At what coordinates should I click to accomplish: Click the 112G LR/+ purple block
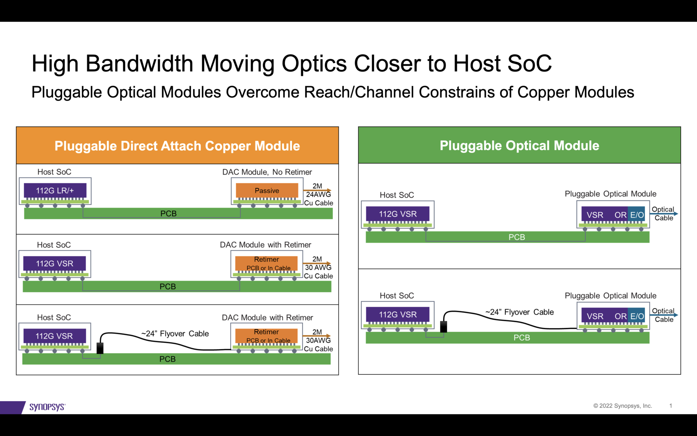[55, 190]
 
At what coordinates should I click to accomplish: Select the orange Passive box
[267, 190]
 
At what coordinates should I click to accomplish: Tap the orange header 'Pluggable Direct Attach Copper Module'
[177, 146]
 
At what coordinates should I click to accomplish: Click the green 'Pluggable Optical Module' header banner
[519, 145]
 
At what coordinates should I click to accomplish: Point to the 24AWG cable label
[318, 194]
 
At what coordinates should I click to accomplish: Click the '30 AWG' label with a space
[318, 267]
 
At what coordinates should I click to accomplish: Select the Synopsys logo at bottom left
[47, 407]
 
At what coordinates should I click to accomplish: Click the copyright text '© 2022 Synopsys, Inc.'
[622, 406]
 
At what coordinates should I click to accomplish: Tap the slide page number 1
[670, 406]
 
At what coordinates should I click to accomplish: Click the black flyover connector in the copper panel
[100, 348]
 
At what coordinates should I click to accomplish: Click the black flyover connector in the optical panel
[443, 326]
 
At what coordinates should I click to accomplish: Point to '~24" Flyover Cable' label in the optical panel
[519, 312]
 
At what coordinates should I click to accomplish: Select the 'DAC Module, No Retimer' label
[267, 172]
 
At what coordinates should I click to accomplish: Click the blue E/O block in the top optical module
[636, 215]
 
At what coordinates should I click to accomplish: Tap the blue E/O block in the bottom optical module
[636, 316]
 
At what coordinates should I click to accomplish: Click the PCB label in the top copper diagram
[168, 214]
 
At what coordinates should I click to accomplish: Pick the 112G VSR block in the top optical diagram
[398, 214]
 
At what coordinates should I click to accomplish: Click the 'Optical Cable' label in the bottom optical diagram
[664, 315]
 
